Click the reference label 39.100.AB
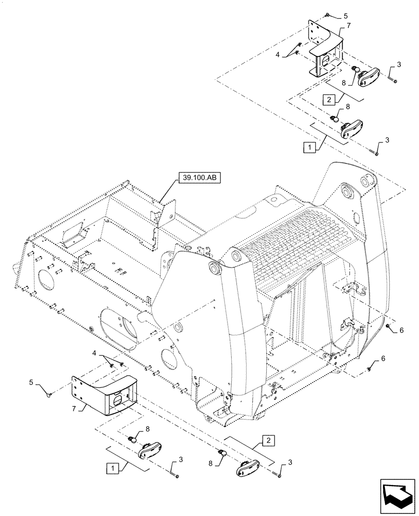point(199,178)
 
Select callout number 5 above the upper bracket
point(345,15)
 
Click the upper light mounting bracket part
point(325,49)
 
